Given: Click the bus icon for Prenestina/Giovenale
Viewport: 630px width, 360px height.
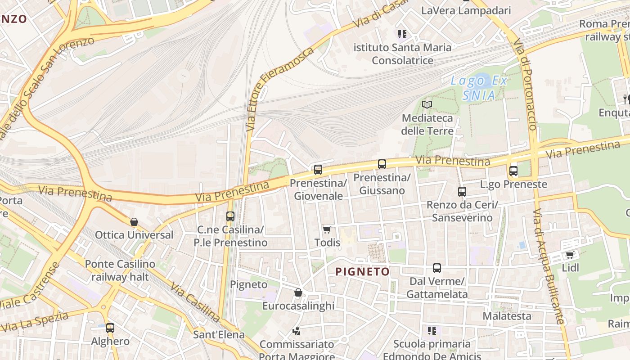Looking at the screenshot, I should [318, 170].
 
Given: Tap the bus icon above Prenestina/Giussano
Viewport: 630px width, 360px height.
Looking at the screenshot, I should [382, 164].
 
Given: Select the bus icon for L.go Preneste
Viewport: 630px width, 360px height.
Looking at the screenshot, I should [513, 171].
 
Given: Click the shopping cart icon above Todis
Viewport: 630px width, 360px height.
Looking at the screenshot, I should [327, 229].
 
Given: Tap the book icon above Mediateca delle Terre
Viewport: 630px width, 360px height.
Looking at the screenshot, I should [427, 105].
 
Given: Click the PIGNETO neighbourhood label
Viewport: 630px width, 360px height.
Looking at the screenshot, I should [363, 271].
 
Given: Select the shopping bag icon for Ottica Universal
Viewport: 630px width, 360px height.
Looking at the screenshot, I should [134, 222].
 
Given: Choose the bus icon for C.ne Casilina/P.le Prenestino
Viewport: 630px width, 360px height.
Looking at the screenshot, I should [230, 216].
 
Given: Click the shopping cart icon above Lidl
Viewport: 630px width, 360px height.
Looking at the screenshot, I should [570, 255].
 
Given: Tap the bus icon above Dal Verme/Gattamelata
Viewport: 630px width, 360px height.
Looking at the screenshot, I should [436, 268].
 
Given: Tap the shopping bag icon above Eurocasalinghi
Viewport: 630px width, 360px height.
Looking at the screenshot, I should [298, 293].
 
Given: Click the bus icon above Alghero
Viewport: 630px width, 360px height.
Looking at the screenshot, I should [110, 328].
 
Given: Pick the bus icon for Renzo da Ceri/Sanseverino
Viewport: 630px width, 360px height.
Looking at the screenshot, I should [462, 192].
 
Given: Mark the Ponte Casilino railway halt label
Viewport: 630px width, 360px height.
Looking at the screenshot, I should [120, 270].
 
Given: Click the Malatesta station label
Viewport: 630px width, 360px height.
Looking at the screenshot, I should [507, 316].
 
